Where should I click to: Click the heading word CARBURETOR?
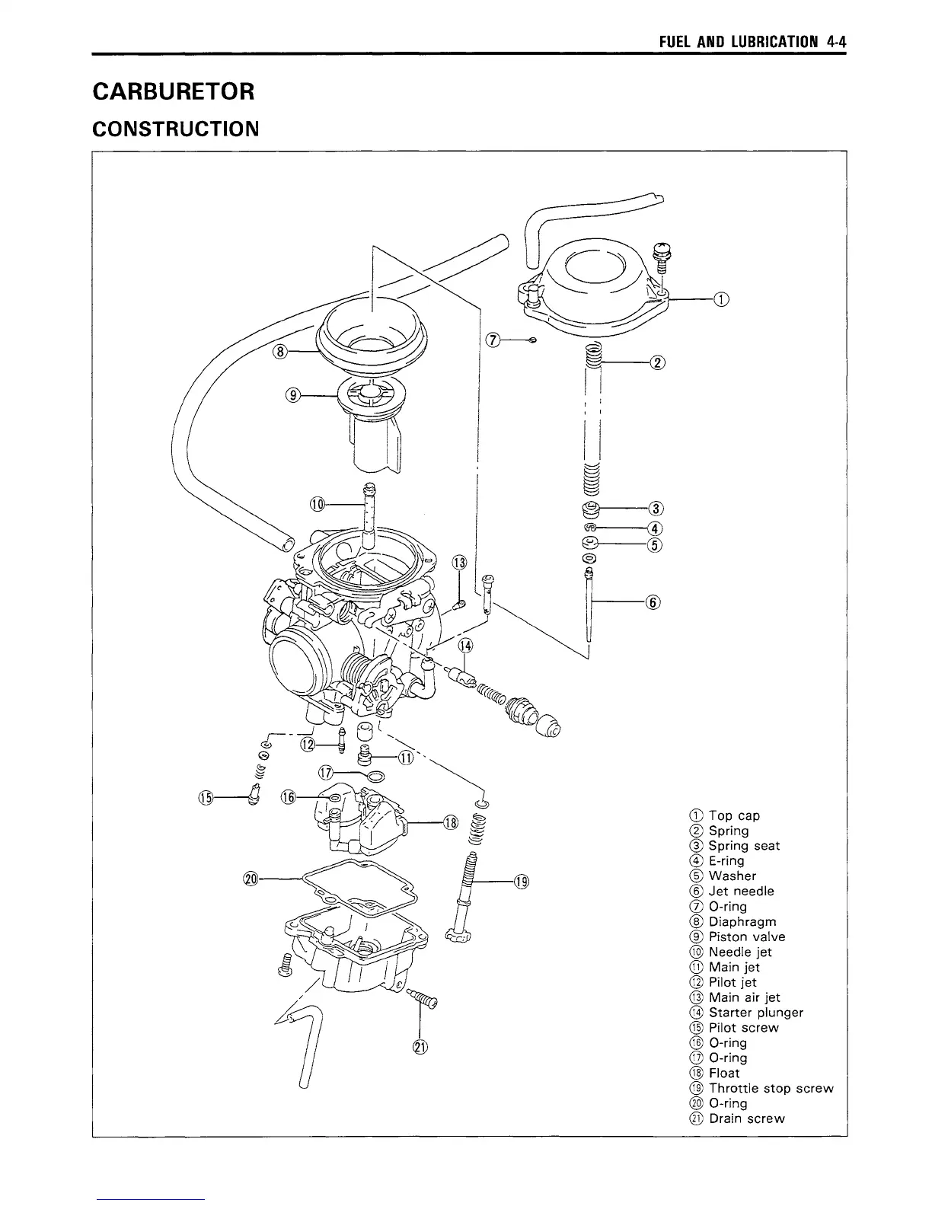(x=173, y=92)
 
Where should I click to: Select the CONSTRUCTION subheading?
(x=176, y=129)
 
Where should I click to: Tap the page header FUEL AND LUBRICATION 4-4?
(x=753, y=43)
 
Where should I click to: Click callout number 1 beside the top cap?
(x=720, y=299)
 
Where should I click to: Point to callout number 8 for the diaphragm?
(x=281, y=351)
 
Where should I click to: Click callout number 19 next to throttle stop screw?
(x=522, y=882)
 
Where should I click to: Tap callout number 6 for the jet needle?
(x=653, y=602)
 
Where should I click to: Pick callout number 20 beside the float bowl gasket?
(x=249, y=879)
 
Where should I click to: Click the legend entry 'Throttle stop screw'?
(x=771, y=1088)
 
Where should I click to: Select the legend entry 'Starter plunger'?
(x=755, y=1012)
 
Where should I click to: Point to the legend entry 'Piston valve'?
(x=746, y=936)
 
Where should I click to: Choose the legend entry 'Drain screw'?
(x=746, y=1118)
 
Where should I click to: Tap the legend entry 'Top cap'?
(x=734, y=815)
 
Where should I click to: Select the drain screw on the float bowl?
(x=423, y=998)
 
